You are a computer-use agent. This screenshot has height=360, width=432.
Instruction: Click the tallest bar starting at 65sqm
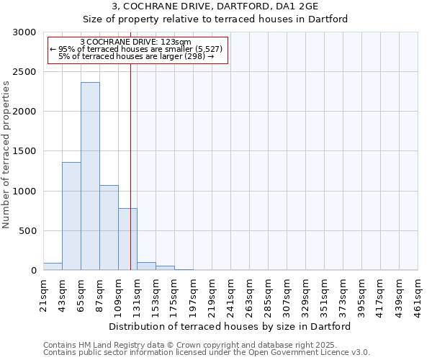[90, 176]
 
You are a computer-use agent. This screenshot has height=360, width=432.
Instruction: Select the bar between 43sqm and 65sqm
[71, 216]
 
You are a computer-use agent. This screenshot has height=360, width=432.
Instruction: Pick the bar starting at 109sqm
[127, 239]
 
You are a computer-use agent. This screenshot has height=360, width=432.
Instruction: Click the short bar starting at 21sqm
[53, 266]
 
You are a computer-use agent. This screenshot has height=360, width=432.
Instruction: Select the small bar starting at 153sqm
[165, 268]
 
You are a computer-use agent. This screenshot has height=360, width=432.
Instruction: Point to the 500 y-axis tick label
[28, 231]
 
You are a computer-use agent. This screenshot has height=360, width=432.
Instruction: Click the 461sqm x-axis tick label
[418, 294]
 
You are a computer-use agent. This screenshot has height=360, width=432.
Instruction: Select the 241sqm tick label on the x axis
[230, 294]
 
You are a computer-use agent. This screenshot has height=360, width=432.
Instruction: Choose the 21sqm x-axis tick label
[43, 294]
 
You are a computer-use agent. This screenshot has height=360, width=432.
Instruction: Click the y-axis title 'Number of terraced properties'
[6, 155]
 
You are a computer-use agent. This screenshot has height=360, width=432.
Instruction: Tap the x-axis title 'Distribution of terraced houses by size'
[230, 326]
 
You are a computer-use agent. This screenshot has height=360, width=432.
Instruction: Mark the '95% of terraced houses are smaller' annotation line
[138, 49]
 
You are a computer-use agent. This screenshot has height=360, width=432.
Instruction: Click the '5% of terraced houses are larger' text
[138, 56]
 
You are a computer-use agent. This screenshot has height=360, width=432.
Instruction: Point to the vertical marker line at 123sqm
[130, 144]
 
